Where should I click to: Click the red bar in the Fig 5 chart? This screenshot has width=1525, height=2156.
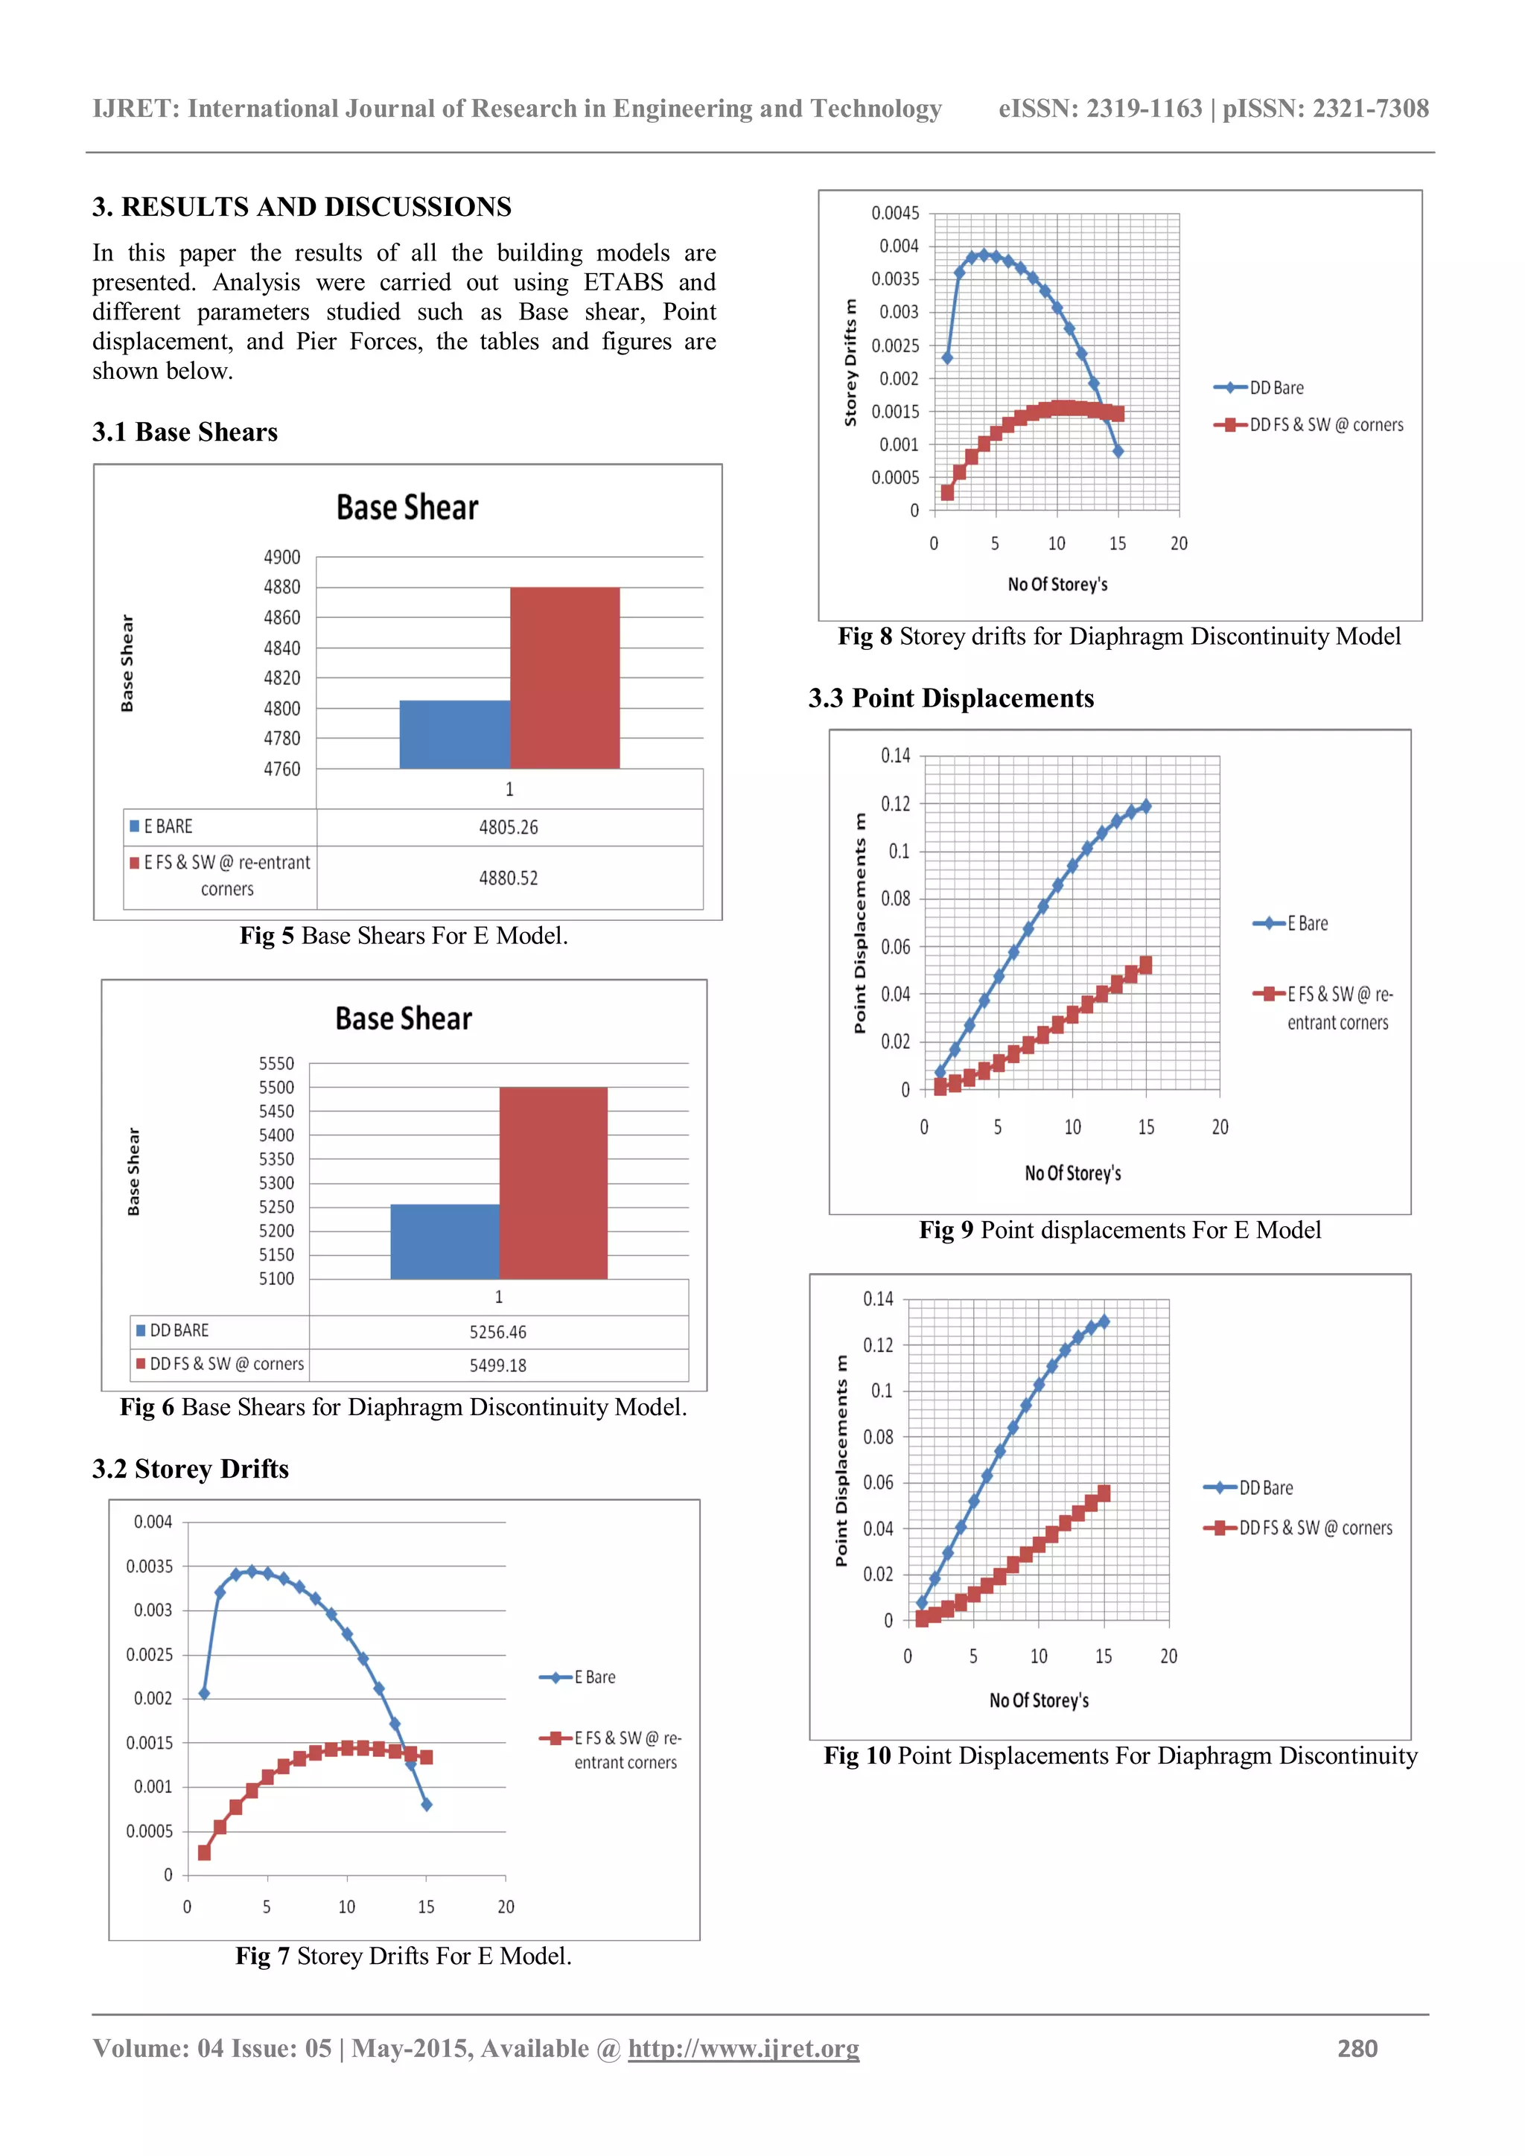click(564, 678)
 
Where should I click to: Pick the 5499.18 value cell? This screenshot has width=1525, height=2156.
click(497, 1365)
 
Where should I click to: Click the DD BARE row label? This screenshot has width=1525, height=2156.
click(179, 1330)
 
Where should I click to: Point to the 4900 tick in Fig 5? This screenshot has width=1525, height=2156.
click(281, 558)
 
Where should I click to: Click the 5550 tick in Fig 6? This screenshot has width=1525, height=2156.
click(276, 1064)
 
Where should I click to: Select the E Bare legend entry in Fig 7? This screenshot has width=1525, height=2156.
click(594, 1677)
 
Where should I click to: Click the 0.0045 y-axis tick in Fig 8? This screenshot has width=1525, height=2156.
click(895, 213)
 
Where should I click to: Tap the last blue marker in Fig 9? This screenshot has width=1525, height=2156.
click(1146, 806)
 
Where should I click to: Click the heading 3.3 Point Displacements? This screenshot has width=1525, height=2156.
click(950, 698)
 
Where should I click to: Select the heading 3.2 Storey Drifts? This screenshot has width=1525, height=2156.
click(190, 1469)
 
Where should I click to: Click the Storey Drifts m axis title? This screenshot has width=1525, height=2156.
click(851, 363)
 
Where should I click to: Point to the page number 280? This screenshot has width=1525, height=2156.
click(1357, 2048)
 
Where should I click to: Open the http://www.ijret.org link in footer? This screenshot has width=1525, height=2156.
click(743, 2048)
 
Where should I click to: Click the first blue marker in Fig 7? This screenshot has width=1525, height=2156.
click(204, 1694)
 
